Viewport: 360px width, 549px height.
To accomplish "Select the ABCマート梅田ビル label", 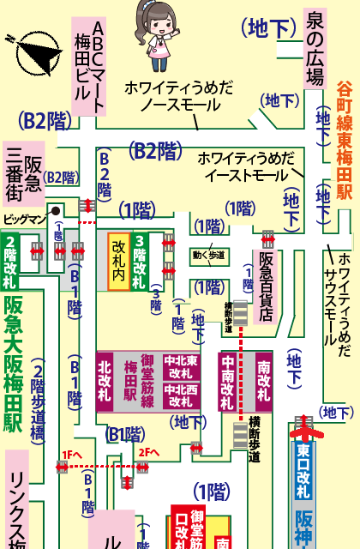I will pos(87,65).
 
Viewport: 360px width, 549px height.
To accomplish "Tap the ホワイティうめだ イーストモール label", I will pos(245,167).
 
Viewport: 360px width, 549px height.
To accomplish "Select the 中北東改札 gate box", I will pos(181,366).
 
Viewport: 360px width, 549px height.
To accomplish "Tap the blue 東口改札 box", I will pos(303,473).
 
